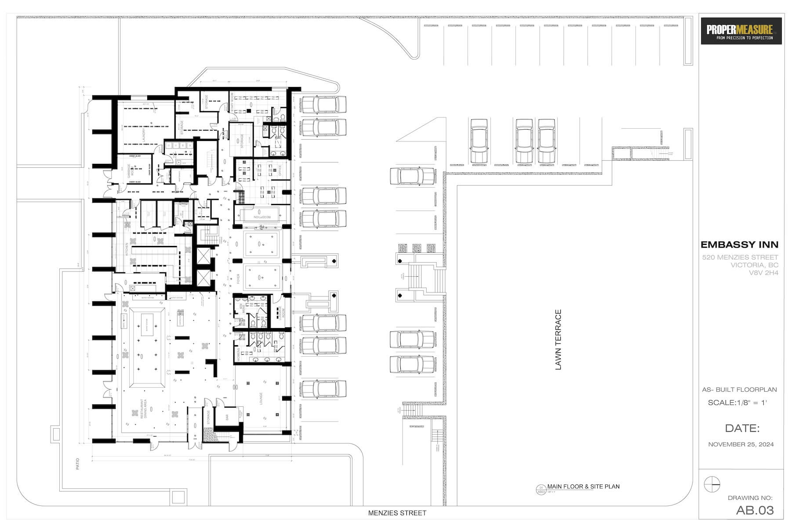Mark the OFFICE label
(279, 170)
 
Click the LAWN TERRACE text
(559, 339)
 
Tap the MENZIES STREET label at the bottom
(397, 513)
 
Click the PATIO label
(78, 464)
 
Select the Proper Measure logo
(741, 31)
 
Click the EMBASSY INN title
(739, 245)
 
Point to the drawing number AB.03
(755, 510)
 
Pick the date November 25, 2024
(741, 444)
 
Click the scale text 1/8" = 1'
(737, 403)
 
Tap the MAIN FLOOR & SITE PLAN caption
(583, 487)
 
